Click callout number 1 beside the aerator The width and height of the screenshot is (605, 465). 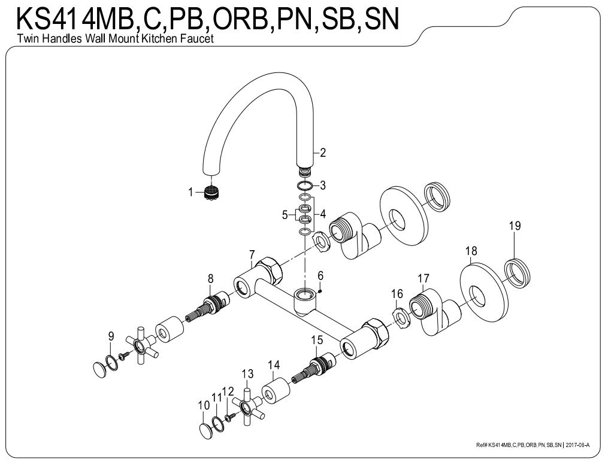click(x=191, y=192)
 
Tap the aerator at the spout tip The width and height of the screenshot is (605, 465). click(x=210, y=193)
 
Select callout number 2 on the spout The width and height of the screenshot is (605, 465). click(x=323, y=152)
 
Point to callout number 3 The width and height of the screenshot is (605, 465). click(x=322, y=185)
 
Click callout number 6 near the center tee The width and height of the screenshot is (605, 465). click(x=320, y=275)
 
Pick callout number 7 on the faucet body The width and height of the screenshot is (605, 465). click(x=252, y=254)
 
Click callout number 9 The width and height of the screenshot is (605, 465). click(x=111, y=336)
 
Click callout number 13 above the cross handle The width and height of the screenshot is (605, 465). click(x=247, y=374)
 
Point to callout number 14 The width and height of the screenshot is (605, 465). click(x=274, y=364)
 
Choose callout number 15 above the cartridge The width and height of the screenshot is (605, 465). click(x=317, y=339)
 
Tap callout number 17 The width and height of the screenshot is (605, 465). click(x=423, y=278)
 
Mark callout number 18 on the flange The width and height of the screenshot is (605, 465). click(x=471, y=251)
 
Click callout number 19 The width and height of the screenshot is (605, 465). click(x=515, y=226)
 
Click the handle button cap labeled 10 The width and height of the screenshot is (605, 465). click(x=205, y=430)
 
